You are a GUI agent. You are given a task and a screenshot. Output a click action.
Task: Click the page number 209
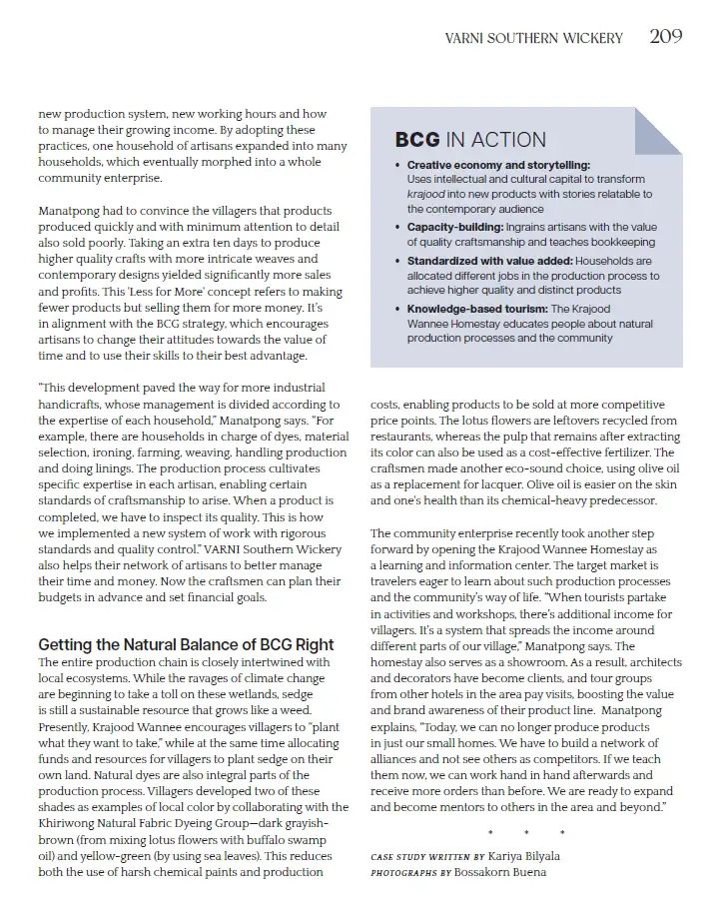tap(666, 37)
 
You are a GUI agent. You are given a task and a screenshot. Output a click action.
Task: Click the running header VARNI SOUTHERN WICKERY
tap(533, 38)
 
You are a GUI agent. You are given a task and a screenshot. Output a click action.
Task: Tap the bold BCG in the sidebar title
tap(417, 140)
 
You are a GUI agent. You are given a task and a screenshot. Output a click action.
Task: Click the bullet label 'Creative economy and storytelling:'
tap(498, 165)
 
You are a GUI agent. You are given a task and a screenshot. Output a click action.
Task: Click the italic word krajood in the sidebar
tap(426, 194)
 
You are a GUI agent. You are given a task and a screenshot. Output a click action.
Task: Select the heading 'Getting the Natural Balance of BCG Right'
tap(186, 644)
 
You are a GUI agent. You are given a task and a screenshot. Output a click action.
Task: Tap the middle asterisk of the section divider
tap(526, 832)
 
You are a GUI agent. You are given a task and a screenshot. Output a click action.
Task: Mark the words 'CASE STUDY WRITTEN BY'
tap(426, 857)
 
